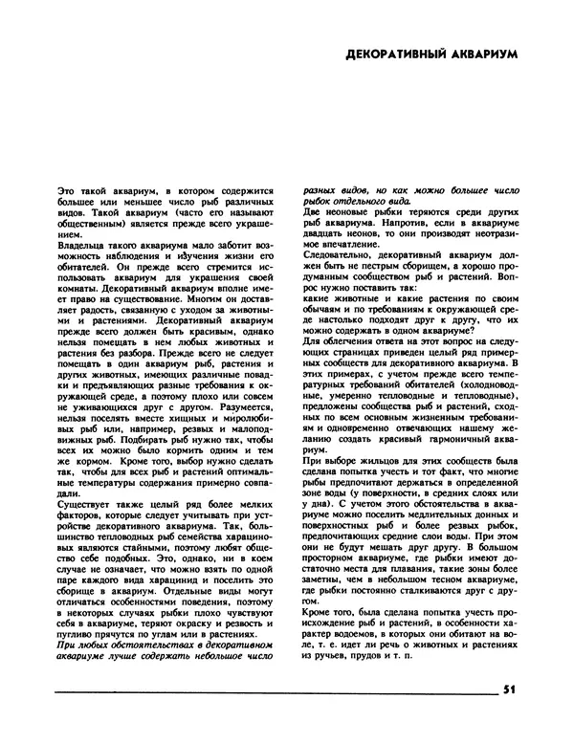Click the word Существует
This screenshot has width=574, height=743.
coord(88,497)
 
